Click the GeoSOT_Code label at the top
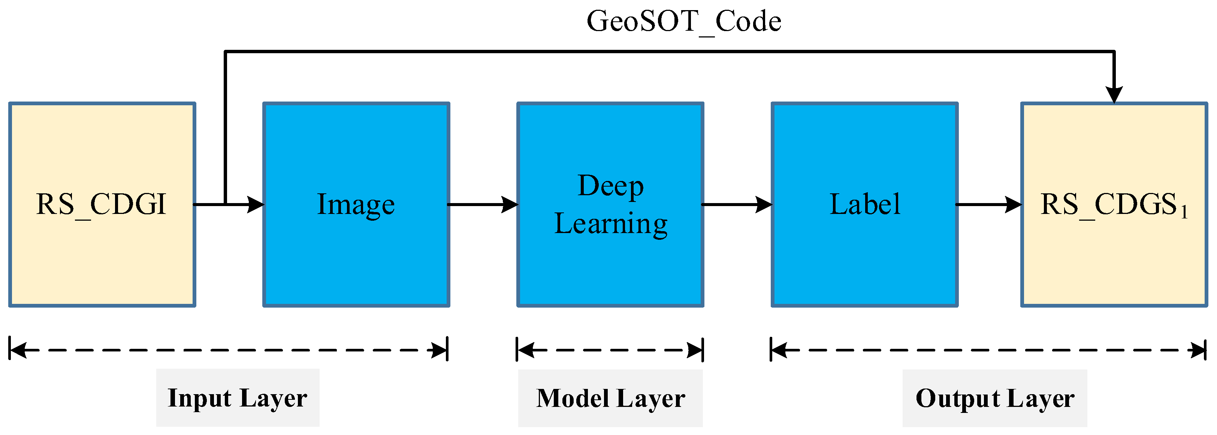[683, 22]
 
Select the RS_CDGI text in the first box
[101, 205]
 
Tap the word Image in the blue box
[356, 205]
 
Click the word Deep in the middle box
[610, 185]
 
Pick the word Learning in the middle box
[610, 223]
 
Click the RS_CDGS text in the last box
[1108, 205]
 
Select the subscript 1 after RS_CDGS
[1184, 214]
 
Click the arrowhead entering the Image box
[256, 205]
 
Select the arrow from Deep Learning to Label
[737, 205]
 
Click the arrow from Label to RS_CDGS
[989, 205]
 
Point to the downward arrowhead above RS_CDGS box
[1114, 94]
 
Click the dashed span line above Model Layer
[610, 350]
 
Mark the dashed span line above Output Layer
[988, 350]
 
